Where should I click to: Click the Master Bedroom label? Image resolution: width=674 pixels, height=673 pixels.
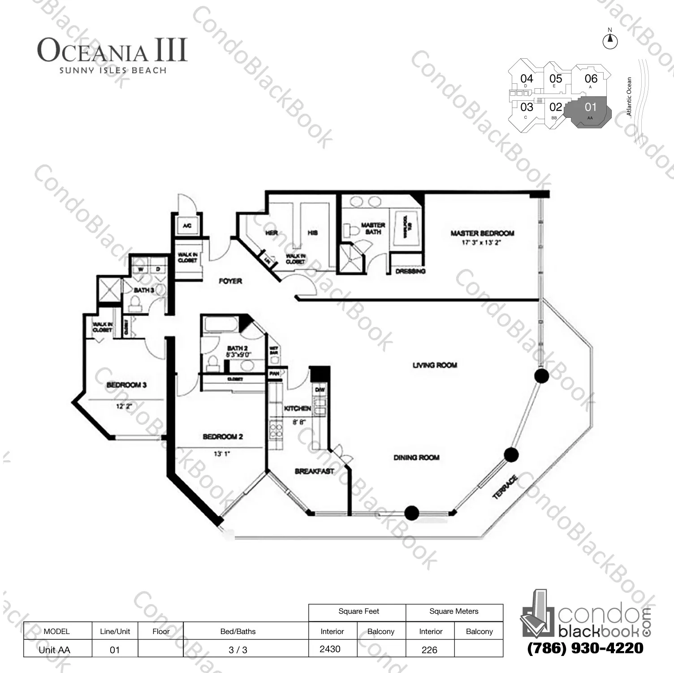point(482,233)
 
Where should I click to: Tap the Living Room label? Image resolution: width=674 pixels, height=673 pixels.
point(435,365)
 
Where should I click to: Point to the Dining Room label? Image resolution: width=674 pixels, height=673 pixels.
point(416,457)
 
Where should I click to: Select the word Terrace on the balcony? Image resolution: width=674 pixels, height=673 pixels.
point(505,487)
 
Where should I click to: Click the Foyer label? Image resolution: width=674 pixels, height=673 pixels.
point(230,281)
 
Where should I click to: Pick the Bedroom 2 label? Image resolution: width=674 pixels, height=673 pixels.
point(223,436)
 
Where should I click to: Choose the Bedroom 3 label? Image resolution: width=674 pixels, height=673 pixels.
point(126,385)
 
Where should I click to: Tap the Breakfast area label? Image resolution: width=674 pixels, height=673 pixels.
point(314,471)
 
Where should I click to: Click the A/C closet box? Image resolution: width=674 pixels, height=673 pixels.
point(187,225)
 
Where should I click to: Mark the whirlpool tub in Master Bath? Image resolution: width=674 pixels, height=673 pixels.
point(406,228)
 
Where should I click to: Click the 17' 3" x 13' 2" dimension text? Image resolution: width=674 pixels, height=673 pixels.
point(481,243)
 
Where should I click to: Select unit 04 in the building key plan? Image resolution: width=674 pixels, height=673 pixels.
point(527,79)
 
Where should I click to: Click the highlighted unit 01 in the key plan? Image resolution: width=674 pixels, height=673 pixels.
point(590,108)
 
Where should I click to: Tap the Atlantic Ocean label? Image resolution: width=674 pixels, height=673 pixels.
point(629,97)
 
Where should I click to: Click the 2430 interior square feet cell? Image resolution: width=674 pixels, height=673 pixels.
point(330,649)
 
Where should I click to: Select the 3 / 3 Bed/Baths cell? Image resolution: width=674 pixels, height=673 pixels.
point(238,650)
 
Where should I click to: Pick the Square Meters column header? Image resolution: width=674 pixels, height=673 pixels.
point(454,611)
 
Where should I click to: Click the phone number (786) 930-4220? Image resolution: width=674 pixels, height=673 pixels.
point(585,648)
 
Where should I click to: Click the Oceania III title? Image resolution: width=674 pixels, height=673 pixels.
point(112,50)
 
